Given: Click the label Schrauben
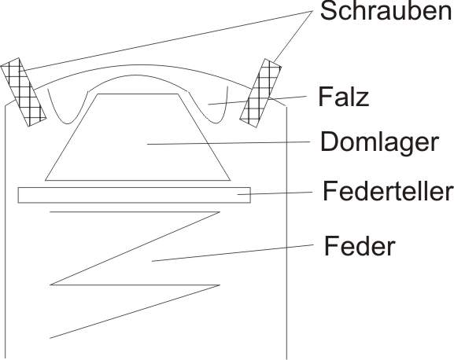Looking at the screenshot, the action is [386, 11].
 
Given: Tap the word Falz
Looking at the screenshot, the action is [343, 97].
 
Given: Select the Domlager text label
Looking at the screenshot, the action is [379, 141].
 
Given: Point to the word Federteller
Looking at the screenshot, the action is [388, 190].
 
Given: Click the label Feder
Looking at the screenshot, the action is [360, 245].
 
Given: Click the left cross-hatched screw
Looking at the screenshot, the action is [23, 92].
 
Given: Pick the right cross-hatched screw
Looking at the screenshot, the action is [260, 93].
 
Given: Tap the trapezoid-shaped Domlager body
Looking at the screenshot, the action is [138, 137].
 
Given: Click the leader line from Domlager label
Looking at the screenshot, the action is [229, 143].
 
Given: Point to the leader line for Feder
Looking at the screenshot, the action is [233, 253].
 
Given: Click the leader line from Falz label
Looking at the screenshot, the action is [257, 100].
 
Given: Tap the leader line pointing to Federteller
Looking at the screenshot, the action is [275, 193].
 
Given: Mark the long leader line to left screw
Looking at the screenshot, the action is [165, 41].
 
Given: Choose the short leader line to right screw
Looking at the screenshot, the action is [293, 37].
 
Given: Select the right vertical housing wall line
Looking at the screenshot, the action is [286, 233].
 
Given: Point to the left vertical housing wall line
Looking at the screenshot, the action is [5, 232].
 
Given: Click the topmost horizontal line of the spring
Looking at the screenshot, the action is [135, 212].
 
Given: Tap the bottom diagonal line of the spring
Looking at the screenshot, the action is [135, 311].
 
